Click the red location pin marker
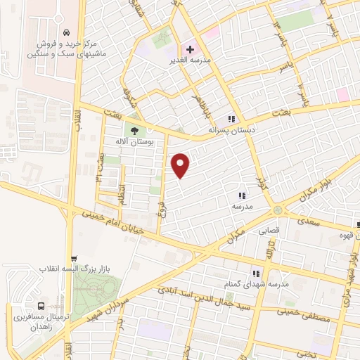(x=181, y=165)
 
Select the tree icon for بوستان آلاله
(x=134, y=129)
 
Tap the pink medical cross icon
(x=190, y=49)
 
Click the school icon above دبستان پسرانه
(x=231, y=118)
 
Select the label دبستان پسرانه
(x=232, y=129)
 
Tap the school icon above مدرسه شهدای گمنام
(x=256, y=273)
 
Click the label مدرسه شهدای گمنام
(x=256, y=284)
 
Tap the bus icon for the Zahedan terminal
(x=41, y=307)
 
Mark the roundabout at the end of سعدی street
(x=279, y=210)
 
